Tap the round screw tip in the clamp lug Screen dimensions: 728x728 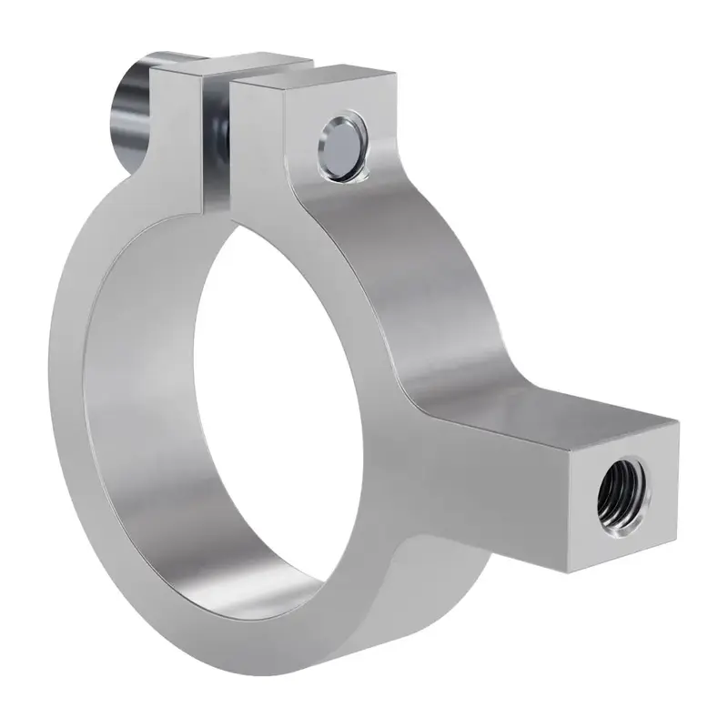tap(342, 146)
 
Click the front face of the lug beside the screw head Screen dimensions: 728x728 tap(177, 136)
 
